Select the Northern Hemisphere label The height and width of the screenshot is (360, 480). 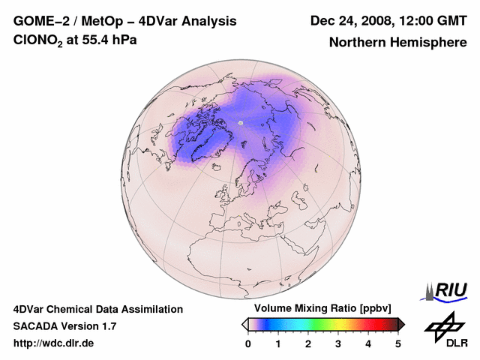point(397,42)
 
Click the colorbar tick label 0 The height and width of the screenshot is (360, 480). point(248,343)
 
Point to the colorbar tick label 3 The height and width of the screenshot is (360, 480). point(338,343)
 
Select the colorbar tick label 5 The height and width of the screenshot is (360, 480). point(398,343)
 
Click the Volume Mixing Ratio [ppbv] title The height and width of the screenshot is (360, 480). point(322,308)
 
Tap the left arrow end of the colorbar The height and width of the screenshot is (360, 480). point(244,324)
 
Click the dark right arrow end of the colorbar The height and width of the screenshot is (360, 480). point(402,324)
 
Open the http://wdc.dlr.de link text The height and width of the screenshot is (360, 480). point(54,343)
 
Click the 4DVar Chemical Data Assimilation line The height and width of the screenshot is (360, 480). point(97,309)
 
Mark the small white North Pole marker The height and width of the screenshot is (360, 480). point(241,122)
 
